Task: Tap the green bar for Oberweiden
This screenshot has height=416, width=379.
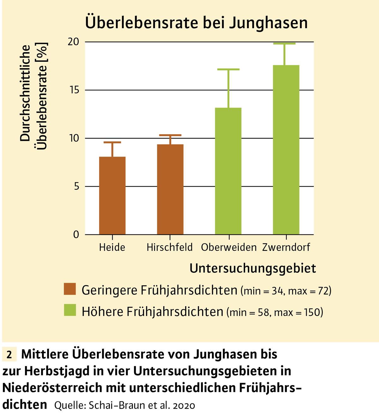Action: pyautogui.click(x=228, y=171)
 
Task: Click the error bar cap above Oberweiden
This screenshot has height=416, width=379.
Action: pyautogui.click(x=228, y=69)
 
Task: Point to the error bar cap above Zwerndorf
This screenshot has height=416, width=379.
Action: pyautogui.click(x=284, y=44)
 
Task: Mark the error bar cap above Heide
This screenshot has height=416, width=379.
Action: pyautogui.click(x=112, y=142)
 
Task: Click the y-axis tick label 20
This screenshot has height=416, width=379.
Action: pyautogui.click(x=74, y=42)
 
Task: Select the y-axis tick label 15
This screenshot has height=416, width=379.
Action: pyautogui.click(x=74, y=90)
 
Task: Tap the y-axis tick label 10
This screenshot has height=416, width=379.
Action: pyautogui.click(x=74, y=138)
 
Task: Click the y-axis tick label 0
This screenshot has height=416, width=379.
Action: pyautogui.click(x=76, y=234)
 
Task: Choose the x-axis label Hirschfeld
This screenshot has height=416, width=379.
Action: pyautogui.click(x=170, y=247)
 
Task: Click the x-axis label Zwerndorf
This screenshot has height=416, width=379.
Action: pyautogui.click(x=286, y=247)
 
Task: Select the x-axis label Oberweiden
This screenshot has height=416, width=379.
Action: pyautogui.click(x=229, y=247)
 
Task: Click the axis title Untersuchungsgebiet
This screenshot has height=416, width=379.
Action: pyautogui.click(x=253, y=268)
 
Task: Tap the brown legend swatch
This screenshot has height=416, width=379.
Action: pyautogui.click(x=70, y=289)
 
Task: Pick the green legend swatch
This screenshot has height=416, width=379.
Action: pyautogui.click(x=70, y=310)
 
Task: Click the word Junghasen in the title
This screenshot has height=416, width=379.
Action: pyautogui.click(x=268, y=23)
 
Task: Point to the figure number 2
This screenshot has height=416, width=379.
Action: pyautogui.click(x=9, y=355)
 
